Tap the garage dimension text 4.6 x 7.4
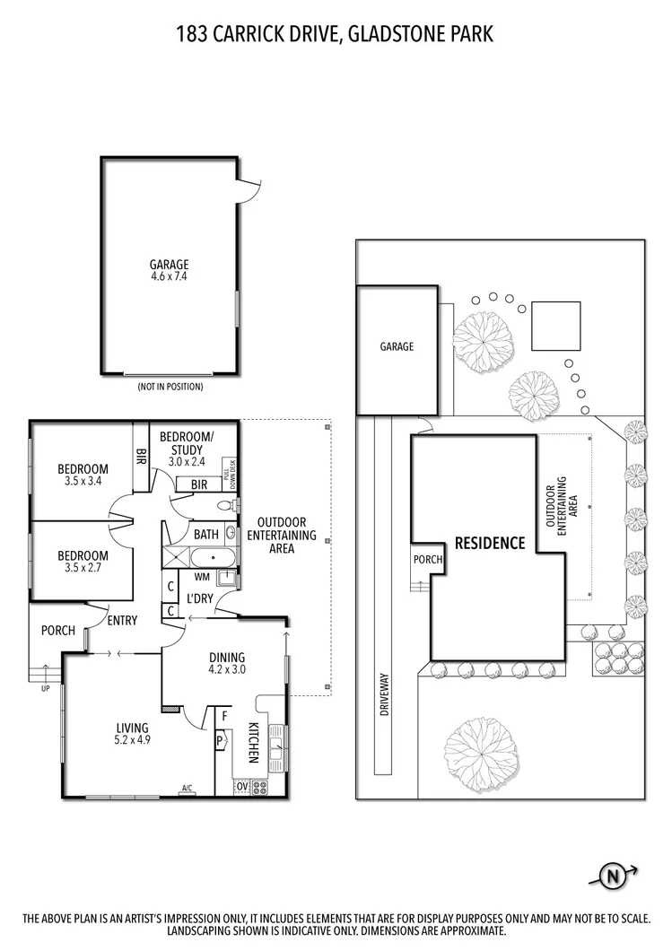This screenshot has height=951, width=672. (x=169, y=277)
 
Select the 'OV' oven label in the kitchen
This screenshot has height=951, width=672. (x=242, y=787)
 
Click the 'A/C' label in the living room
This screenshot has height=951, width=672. (x=188, y=789)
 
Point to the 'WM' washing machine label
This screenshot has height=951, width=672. (x=202, y=576)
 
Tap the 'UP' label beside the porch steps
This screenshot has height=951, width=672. (x=46, y=688)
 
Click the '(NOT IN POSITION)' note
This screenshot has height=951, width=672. (x=170, y=388)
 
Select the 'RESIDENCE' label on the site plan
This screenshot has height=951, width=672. (x=489, y=543)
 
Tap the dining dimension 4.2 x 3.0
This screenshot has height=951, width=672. (x=226, y=669)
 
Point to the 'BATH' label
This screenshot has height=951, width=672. (x=206, y=535)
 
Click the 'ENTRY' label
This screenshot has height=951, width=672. (x=121, y=620)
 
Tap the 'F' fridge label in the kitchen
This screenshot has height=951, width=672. (x=223, y=718)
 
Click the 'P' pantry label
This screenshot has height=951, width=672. (x=219, y=742)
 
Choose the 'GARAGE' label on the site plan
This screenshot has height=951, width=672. (x=397, y=347)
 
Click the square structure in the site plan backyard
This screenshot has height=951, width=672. (x=555, y=326)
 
